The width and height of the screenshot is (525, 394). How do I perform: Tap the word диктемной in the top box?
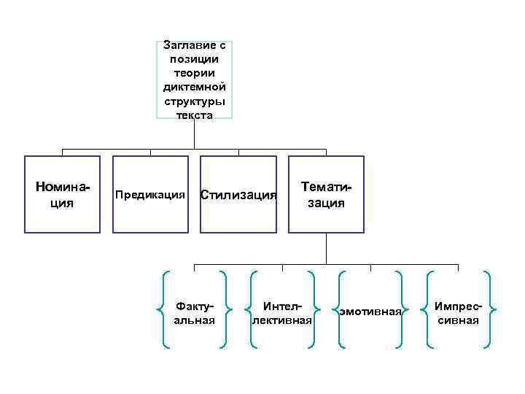click(195, 87)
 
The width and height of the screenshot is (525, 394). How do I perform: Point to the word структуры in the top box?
click(195, 101)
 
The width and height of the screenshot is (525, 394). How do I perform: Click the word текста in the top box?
click(195, 115)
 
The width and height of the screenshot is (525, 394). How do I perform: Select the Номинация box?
click(62, 194)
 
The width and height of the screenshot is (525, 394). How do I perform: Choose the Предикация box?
click(150, 194)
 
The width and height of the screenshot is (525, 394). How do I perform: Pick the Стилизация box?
click(238, 194)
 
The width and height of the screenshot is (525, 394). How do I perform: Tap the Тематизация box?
click(326, 194)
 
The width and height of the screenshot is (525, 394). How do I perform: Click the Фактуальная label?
click(195, 313)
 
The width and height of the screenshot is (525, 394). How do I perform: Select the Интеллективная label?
click(281, 313)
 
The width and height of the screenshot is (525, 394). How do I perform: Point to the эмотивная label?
click(370, 312)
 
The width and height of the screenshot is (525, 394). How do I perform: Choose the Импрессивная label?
click(458, 313)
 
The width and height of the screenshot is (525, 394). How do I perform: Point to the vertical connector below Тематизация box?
click(326, 248)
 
